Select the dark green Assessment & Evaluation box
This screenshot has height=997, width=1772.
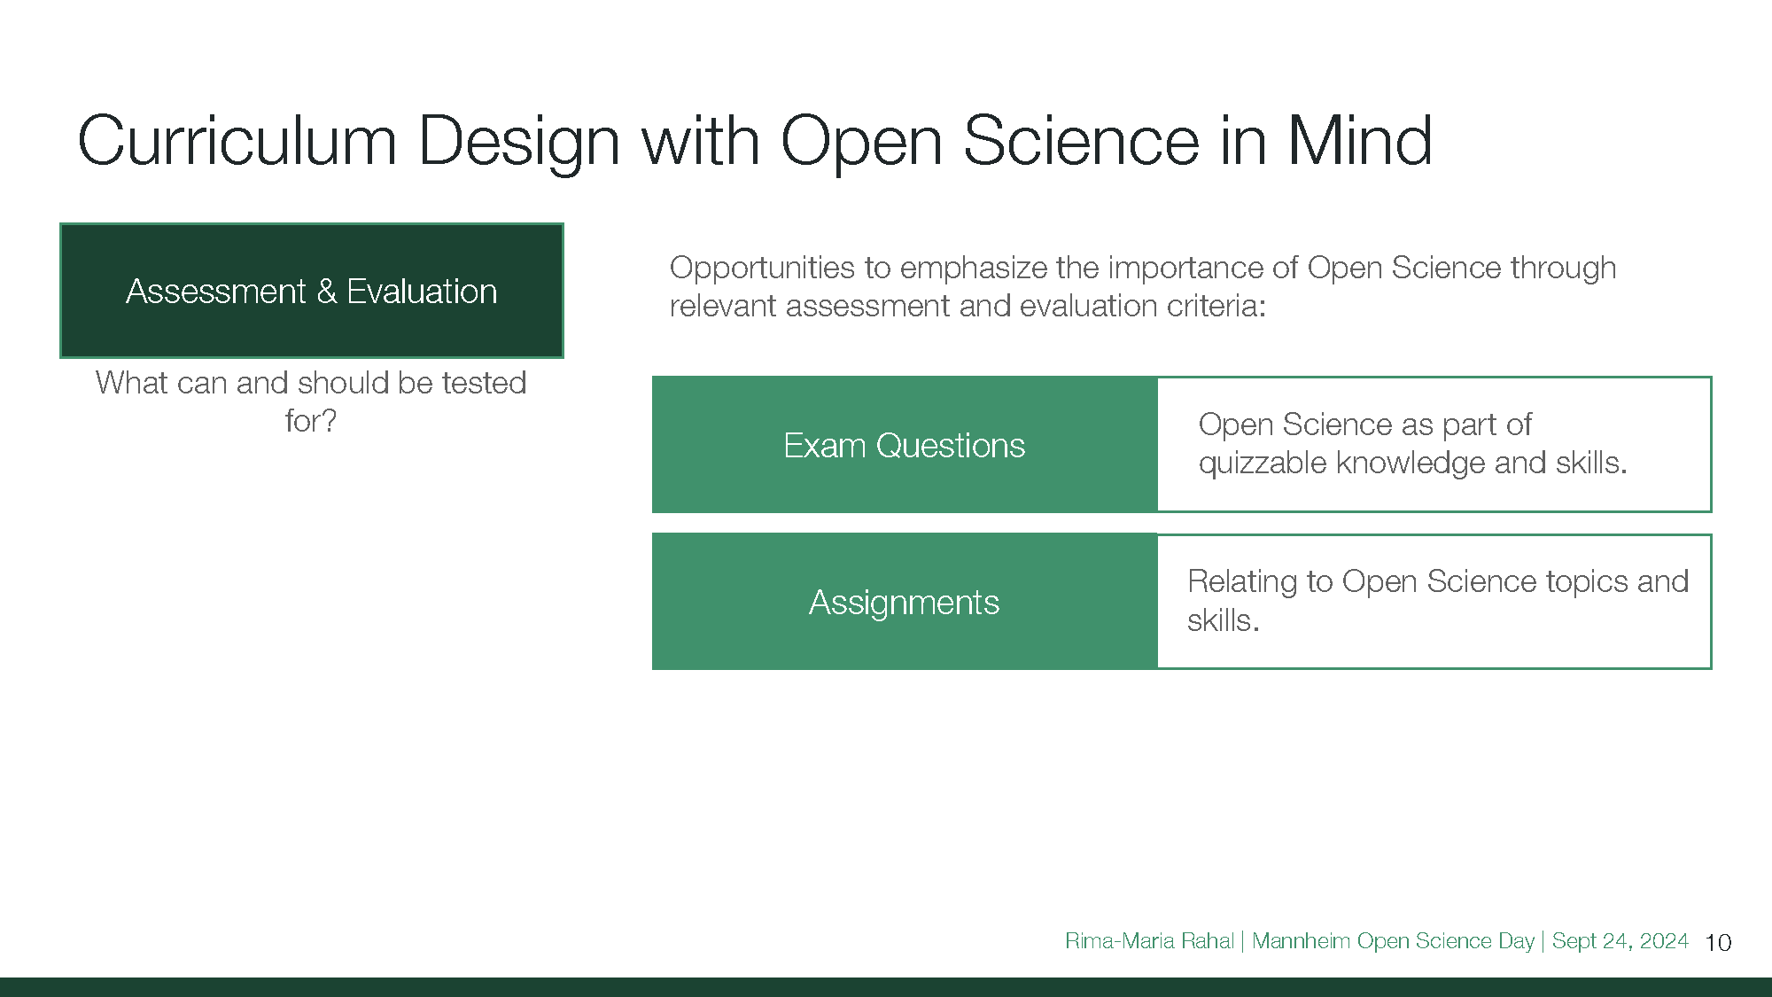[312, 291]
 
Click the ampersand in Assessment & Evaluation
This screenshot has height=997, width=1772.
[326, 292]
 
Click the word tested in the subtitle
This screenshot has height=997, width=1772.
[484, 383]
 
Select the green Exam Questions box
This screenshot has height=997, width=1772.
[905, 445]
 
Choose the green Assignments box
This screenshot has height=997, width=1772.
[905, 602]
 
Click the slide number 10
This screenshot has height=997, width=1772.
[1718, 942]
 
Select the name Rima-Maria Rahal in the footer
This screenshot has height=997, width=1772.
[1149, 941]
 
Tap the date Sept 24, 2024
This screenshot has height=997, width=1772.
[1620, 941]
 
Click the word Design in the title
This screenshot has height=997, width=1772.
[518, 142]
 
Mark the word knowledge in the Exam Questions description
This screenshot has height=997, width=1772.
[1411, 463]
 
